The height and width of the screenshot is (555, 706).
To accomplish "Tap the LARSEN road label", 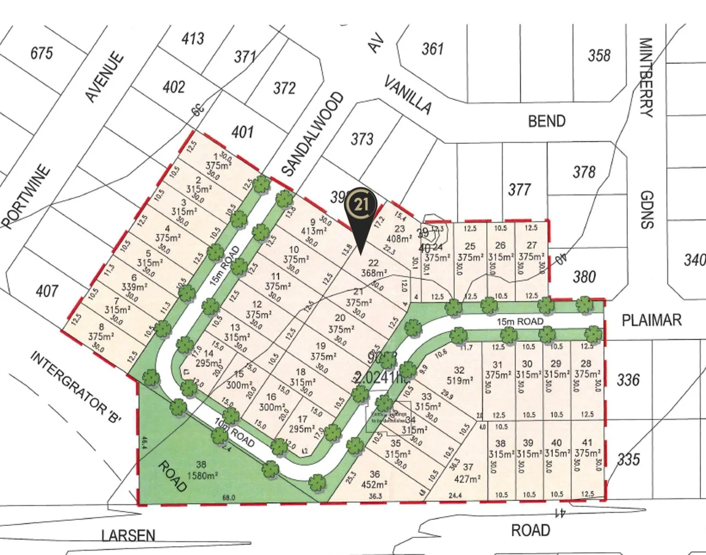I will coord(128,535).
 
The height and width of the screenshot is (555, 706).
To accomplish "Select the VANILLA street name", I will coord(407,95).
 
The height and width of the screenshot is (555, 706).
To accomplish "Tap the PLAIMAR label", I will coord(651,320).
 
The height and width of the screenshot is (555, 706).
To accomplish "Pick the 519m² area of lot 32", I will coord(459,380).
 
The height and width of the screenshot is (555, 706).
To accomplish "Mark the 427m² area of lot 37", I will coord(466,478).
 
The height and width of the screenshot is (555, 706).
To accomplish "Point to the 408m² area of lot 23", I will coord(399,239).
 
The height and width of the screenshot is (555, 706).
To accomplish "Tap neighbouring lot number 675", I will coord(42,53).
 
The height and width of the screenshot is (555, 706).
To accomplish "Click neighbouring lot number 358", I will coord(599,55).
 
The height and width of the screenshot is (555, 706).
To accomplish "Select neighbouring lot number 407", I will coord(46,290).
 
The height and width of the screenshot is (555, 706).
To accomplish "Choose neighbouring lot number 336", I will coord(628,380).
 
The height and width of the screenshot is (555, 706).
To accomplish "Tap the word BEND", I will coord(546,121).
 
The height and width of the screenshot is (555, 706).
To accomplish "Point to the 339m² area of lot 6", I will coord(134,287).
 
